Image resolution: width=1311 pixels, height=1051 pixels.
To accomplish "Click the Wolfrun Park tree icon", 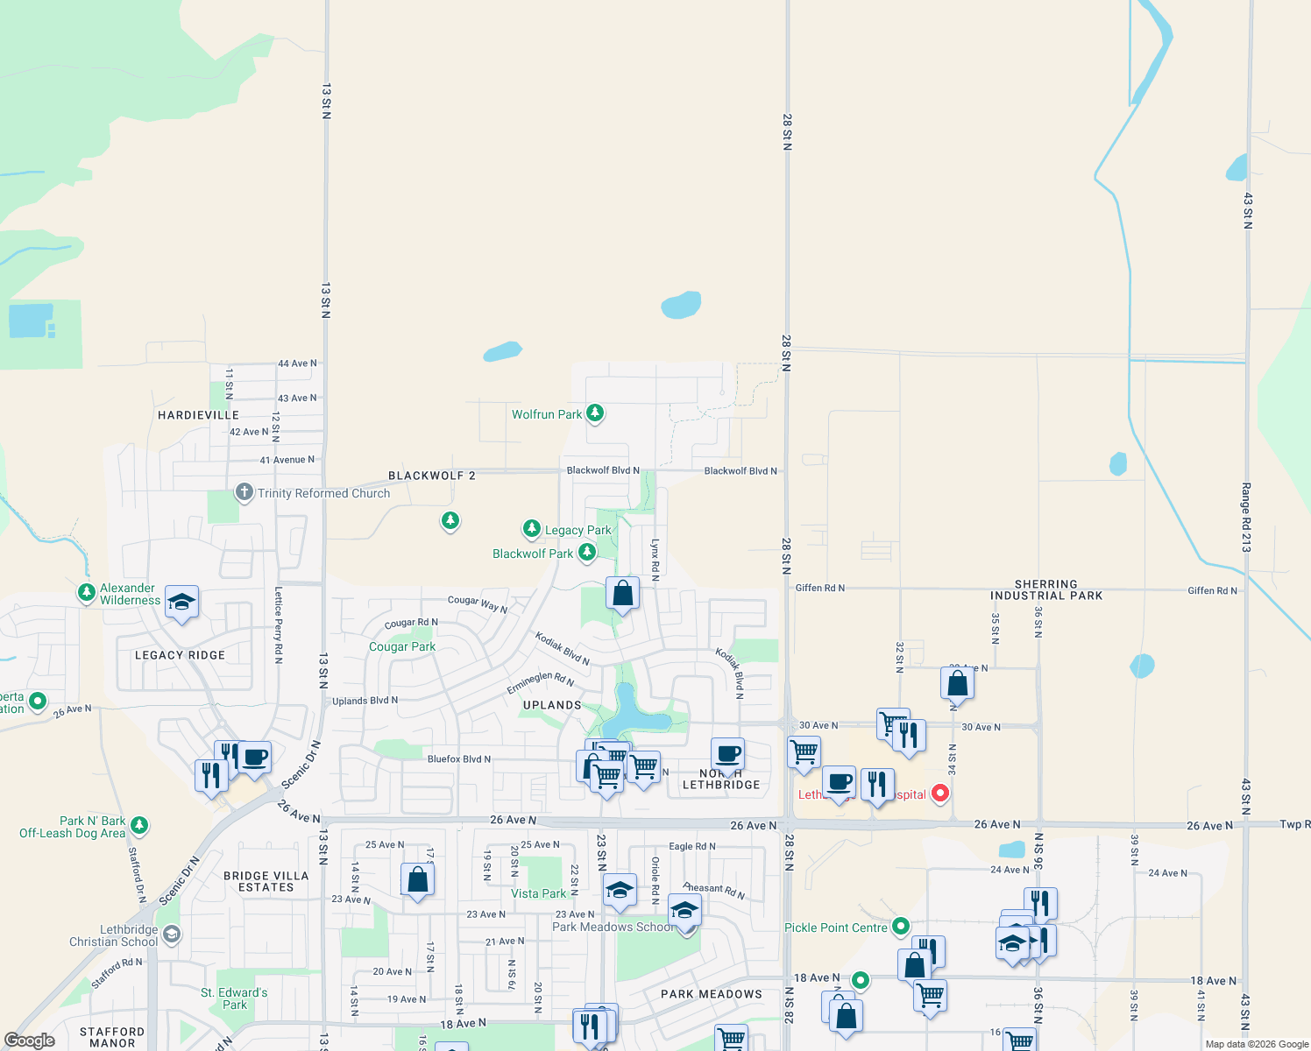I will pyautogui.click(x=595, y=413).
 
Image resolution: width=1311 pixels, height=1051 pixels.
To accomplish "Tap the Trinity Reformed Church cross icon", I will pyautogui.click(x=244, y=492).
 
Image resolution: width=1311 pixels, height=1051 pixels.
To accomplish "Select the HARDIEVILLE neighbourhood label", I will pyautogui.click(x=198, y=415).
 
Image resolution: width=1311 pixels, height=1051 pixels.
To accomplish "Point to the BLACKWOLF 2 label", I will pyautogui.click(x=431, y=476).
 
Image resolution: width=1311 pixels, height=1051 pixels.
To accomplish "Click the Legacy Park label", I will pyautogui.click(x=578, y=530).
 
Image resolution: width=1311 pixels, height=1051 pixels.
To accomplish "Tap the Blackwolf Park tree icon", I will pyautogui.click(x=587, y=552).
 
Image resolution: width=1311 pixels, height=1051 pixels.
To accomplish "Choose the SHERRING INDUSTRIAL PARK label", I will pyautogui.click(x=1046, y=589).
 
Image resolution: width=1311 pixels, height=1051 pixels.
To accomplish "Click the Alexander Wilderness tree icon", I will pyautogui.click(x=86, y=593).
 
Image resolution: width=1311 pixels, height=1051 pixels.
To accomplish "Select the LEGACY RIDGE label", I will pyautogui.click(x=180, y=655).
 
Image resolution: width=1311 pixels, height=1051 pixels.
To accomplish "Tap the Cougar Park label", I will pyautogui.click(x=401, y=646).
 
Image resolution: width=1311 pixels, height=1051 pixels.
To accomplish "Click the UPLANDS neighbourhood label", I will pyautogui.click(x=552, y=705).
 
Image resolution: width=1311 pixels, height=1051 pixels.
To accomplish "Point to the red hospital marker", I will pyautogui.click(x=940, y=794).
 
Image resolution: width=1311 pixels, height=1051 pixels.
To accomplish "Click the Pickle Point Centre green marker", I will pyautogui.click(x=901, y=926).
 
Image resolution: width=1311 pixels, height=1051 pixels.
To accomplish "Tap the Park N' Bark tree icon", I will pyautogui.click(x=139, y=825).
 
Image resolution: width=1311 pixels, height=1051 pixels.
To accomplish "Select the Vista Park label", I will pyautogui.click(x=538, y=893).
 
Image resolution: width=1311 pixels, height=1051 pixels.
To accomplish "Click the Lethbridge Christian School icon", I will pyautogui.click(x=172, y=935).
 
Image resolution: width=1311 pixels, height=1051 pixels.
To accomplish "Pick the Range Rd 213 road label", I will pyautogui.click(x=1245, y=517).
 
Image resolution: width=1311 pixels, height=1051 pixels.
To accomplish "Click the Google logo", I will pyautogui.click(x=30, y=1040).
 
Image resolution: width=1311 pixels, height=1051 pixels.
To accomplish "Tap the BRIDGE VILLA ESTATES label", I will pyautogui.click(x=266, y=881).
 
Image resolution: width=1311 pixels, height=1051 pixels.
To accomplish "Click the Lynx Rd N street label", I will pyautogui.click(x=655, y=560).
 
